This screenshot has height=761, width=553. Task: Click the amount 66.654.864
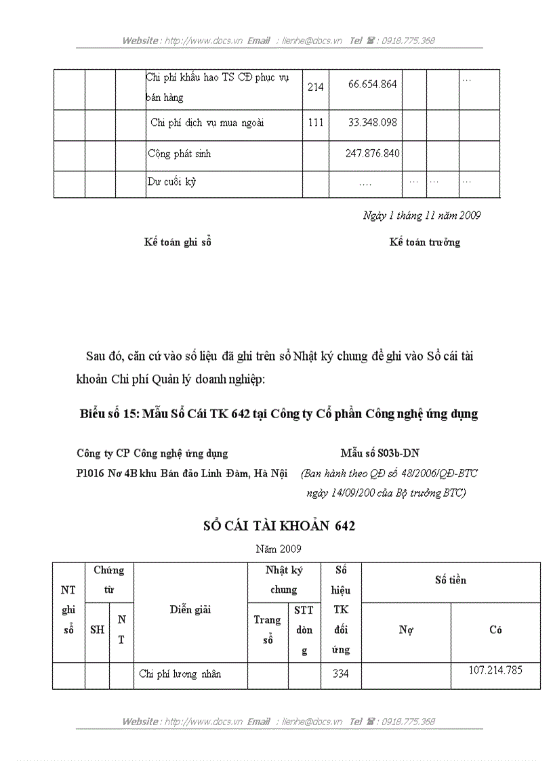point(372,85)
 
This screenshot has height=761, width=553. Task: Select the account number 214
point(315,88)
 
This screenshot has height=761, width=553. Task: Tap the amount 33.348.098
point(372,123)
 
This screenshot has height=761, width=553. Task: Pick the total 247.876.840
point(372,154)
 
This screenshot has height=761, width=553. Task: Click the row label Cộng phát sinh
point(179,154)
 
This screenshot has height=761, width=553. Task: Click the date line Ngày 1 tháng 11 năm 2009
point(422,215)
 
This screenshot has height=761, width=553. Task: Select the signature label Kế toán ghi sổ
point(178,242)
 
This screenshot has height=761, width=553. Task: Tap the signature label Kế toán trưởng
point(424,242)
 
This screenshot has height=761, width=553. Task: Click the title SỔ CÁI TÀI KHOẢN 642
point(279,526)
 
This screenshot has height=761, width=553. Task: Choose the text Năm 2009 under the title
point(279,548)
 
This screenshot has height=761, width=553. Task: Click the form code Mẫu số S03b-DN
point(384,453)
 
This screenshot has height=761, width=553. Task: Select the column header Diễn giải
point(190,610)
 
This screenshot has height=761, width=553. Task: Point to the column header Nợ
point(406,630)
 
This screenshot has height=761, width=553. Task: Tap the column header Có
point(495,630)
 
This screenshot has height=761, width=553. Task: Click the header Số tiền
point(451,581)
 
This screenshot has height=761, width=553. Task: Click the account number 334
point(340,674)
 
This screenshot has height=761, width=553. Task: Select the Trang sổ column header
point(267,630)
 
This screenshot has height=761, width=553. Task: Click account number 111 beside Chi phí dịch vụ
point(315,123)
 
